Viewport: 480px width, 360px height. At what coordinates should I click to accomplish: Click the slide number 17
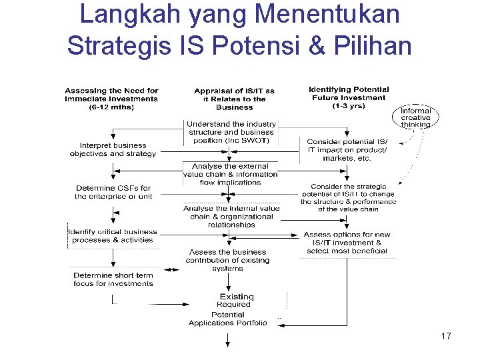pyautogui.click(x=446, y=336)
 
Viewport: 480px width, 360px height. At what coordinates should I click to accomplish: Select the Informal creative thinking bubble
pyautogui.click(x=415, y=117)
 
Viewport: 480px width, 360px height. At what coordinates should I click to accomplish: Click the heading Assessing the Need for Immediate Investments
pyautogui.click(x=111, y=99)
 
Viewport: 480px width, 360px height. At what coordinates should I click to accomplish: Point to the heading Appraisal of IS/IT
pyautogui.click(x=234, y=99)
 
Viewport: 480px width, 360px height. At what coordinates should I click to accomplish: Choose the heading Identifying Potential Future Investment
pyautogui.click(x=349, y=97)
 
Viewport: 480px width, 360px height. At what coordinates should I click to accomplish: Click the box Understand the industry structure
pyautogui.click(x=231, y=132)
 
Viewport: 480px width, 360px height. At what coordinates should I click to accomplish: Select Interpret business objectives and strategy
pyautogui.click(x=113, y=149)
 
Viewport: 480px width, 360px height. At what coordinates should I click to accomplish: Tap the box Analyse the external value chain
pyautogui.click(x=230, y=174)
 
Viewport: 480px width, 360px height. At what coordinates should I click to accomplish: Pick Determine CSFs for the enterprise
pyautogui.click(x=113, y=192)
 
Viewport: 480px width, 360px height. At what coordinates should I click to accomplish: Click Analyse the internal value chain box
pyautogui.click(x=231, y=217)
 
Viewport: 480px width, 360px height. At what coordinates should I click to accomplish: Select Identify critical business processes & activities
pyautogui.click(x=113, y=235)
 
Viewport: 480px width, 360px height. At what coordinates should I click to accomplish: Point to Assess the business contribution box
pyautogui.click(x=229, y=260)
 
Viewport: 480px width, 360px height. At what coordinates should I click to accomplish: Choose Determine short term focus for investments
pyautogui.click(x=113, y=279)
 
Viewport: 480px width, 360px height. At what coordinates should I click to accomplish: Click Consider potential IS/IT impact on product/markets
pyautogui.click(x=347, y=150)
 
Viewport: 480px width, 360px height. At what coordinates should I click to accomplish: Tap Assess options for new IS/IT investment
pyautogui.click(x=347, y=243)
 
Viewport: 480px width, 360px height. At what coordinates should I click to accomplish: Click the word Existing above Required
pyautogui.click(x=237, y=297)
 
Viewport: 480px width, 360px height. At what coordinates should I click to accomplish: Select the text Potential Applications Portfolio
pyautogui.click(x=227, y=319)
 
